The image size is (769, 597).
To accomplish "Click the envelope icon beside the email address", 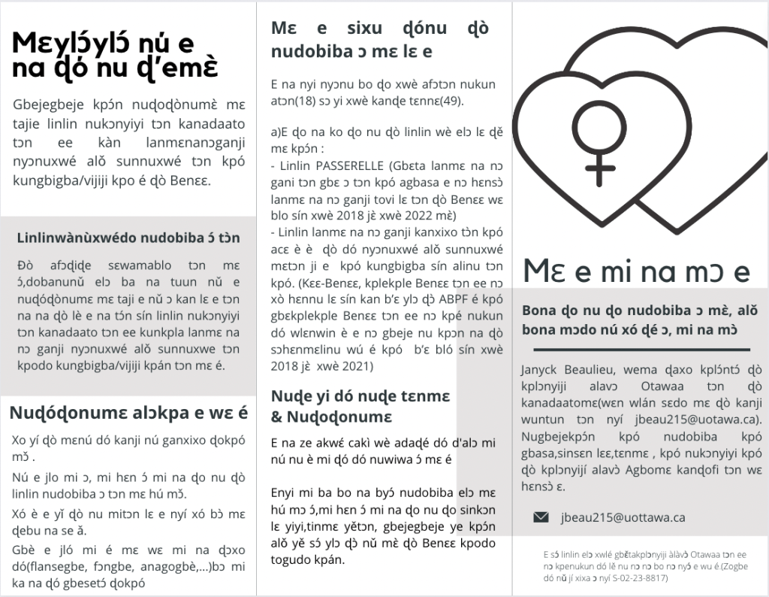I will pyautogui.click(x=541, y=517).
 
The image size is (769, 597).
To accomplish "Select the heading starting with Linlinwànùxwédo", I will pyautogui.click(x=128, y=238).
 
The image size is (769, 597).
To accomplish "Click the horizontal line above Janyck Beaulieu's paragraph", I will pyautogui.click(x=641, y=350).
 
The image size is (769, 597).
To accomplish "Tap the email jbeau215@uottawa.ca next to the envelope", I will pyautogui.click(x=623, y=517).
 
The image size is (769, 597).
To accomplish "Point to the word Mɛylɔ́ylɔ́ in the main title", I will pyautogui.click(x=66, y=42).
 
